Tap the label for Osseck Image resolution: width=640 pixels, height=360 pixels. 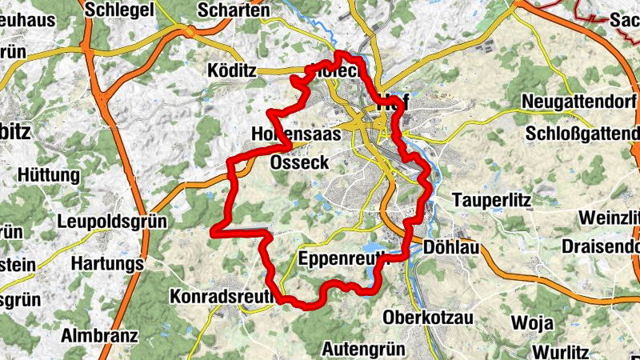[299, 162]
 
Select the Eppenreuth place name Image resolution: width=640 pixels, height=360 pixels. [341, 258]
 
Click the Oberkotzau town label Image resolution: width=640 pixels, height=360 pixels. [428, 318]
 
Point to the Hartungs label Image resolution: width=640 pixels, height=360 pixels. [107, 263]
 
